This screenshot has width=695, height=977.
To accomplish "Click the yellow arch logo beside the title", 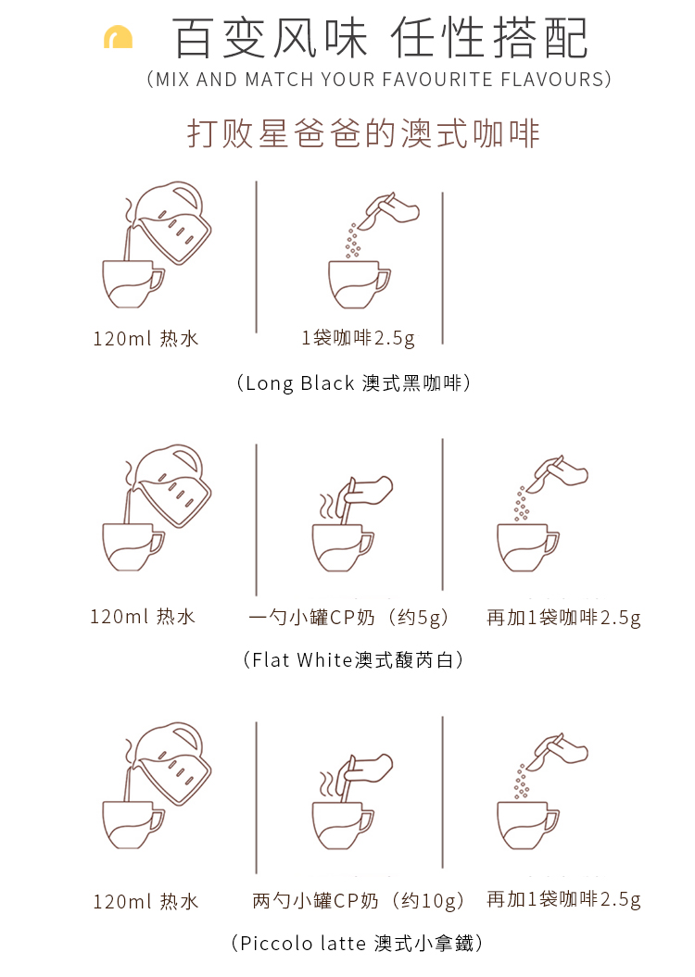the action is pos(118,37).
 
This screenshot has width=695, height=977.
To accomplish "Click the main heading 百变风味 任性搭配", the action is pos(380,38).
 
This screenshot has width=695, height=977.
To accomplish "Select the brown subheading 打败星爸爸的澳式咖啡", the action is pos(363,133).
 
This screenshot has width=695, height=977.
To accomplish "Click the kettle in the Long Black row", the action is pos(172,221).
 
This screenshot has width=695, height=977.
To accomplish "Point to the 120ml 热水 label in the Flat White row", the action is pos(143,617).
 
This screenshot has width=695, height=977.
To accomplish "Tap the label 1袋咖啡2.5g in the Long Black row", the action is pos(359,338).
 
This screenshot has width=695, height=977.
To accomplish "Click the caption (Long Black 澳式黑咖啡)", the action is pos(353,382).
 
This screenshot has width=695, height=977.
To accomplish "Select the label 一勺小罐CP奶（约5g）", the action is pos(349,618).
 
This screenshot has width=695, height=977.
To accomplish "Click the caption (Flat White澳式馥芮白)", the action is pos(353,659).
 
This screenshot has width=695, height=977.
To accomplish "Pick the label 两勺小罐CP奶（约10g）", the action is pos(359,901).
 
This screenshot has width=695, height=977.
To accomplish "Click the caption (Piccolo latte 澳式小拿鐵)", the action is pos(357,944).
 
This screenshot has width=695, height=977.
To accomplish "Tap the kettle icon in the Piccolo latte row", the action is pos(172,763).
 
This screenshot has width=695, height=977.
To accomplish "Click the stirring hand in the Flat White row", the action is pos(364,493).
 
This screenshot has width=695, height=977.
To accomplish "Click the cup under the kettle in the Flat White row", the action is pos(133,546).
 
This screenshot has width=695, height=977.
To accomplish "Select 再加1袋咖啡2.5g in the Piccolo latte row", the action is pos(563,899).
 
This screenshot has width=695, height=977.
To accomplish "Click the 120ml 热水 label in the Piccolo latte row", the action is pos(145,901).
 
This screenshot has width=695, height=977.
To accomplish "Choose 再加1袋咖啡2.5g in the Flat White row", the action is pos(563,618).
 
